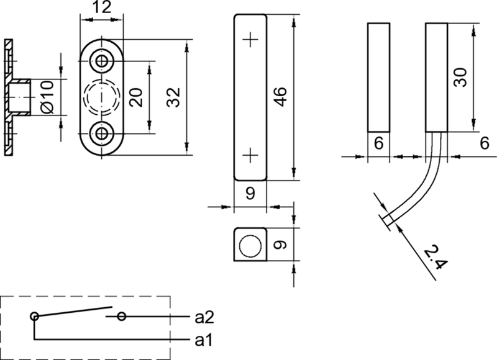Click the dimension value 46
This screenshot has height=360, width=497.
(280, 97)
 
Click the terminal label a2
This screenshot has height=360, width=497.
(204, 318)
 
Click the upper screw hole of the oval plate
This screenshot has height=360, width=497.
(101, 61)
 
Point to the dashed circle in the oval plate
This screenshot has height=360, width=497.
(101, 97)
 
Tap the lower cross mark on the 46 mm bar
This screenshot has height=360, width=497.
(250, 155)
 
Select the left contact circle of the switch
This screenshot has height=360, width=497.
(35, 317)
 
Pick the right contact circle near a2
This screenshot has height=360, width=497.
(122, 317)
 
